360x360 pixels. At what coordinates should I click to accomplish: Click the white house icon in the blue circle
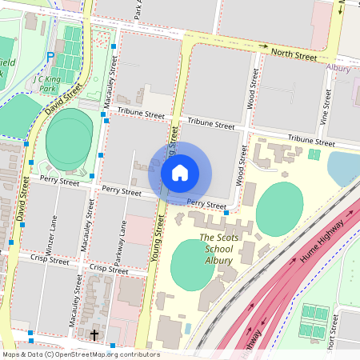point(180,172)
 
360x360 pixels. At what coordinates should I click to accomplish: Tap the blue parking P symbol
point(50,58)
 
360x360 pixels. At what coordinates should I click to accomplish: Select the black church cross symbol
point(94,334)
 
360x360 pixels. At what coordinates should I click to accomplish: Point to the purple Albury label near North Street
point(339,68)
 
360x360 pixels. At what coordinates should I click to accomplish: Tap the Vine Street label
point(326,107)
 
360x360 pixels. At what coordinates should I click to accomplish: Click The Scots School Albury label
point(216,249)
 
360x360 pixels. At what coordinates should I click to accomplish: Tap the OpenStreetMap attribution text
point(81,354)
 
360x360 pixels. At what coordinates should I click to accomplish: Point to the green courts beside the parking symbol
point(72,48)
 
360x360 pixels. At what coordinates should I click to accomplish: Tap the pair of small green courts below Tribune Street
point(314,154)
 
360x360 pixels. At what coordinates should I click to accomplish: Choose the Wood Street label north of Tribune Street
point(254,88)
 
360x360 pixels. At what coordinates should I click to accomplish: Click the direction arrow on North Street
point(262,46)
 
